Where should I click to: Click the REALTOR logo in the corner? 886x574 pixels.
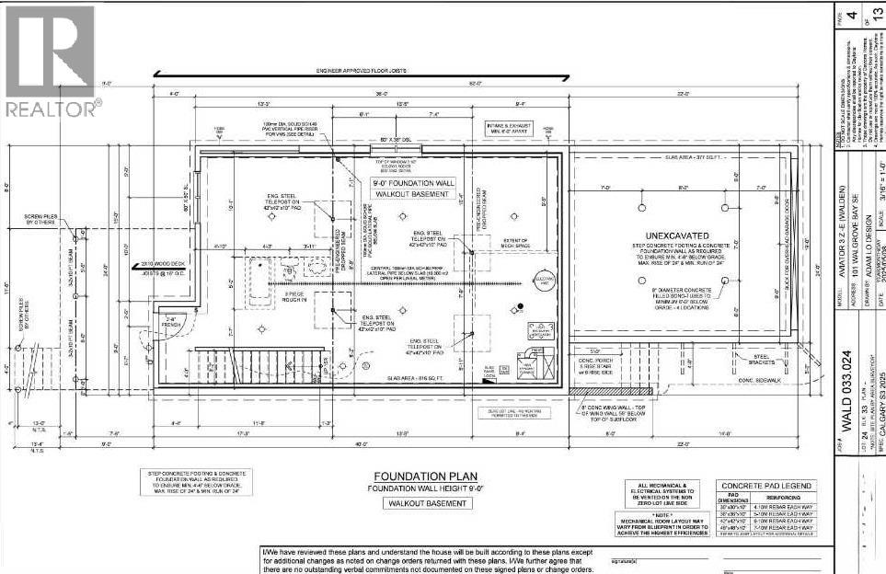pyautogui.click(x=50, y=61)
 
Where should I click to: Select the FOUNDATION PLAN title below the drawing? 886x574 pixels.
pyautogui.click(x=410, y=476)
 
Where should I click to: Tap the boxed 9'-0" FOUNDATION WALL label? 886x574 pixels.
pyautogui.click(x=411, y=189)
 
